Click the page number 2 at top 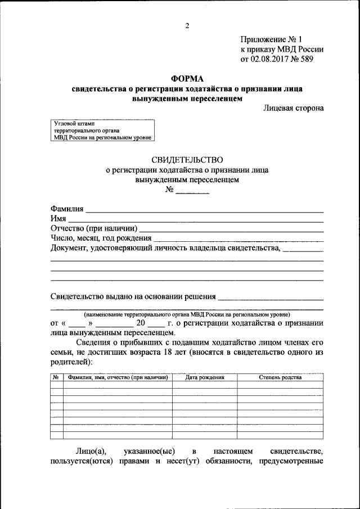point(187,25)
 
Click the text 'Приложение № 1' point(271,39)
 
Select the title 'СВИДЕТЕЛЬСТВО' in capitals point(187,160)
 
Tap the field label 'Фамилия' point(67,209)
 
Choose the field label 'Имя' point(58,218)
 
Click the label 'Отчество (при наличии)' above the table point(93,228)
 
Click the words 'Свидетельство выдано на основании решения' point(133,296)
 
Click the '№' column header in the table point(56,377)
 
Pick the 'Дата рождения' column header point(204,377)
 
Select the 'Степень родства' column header point(280,377)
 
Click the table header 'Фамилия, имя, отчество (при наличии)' point(118,377)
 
